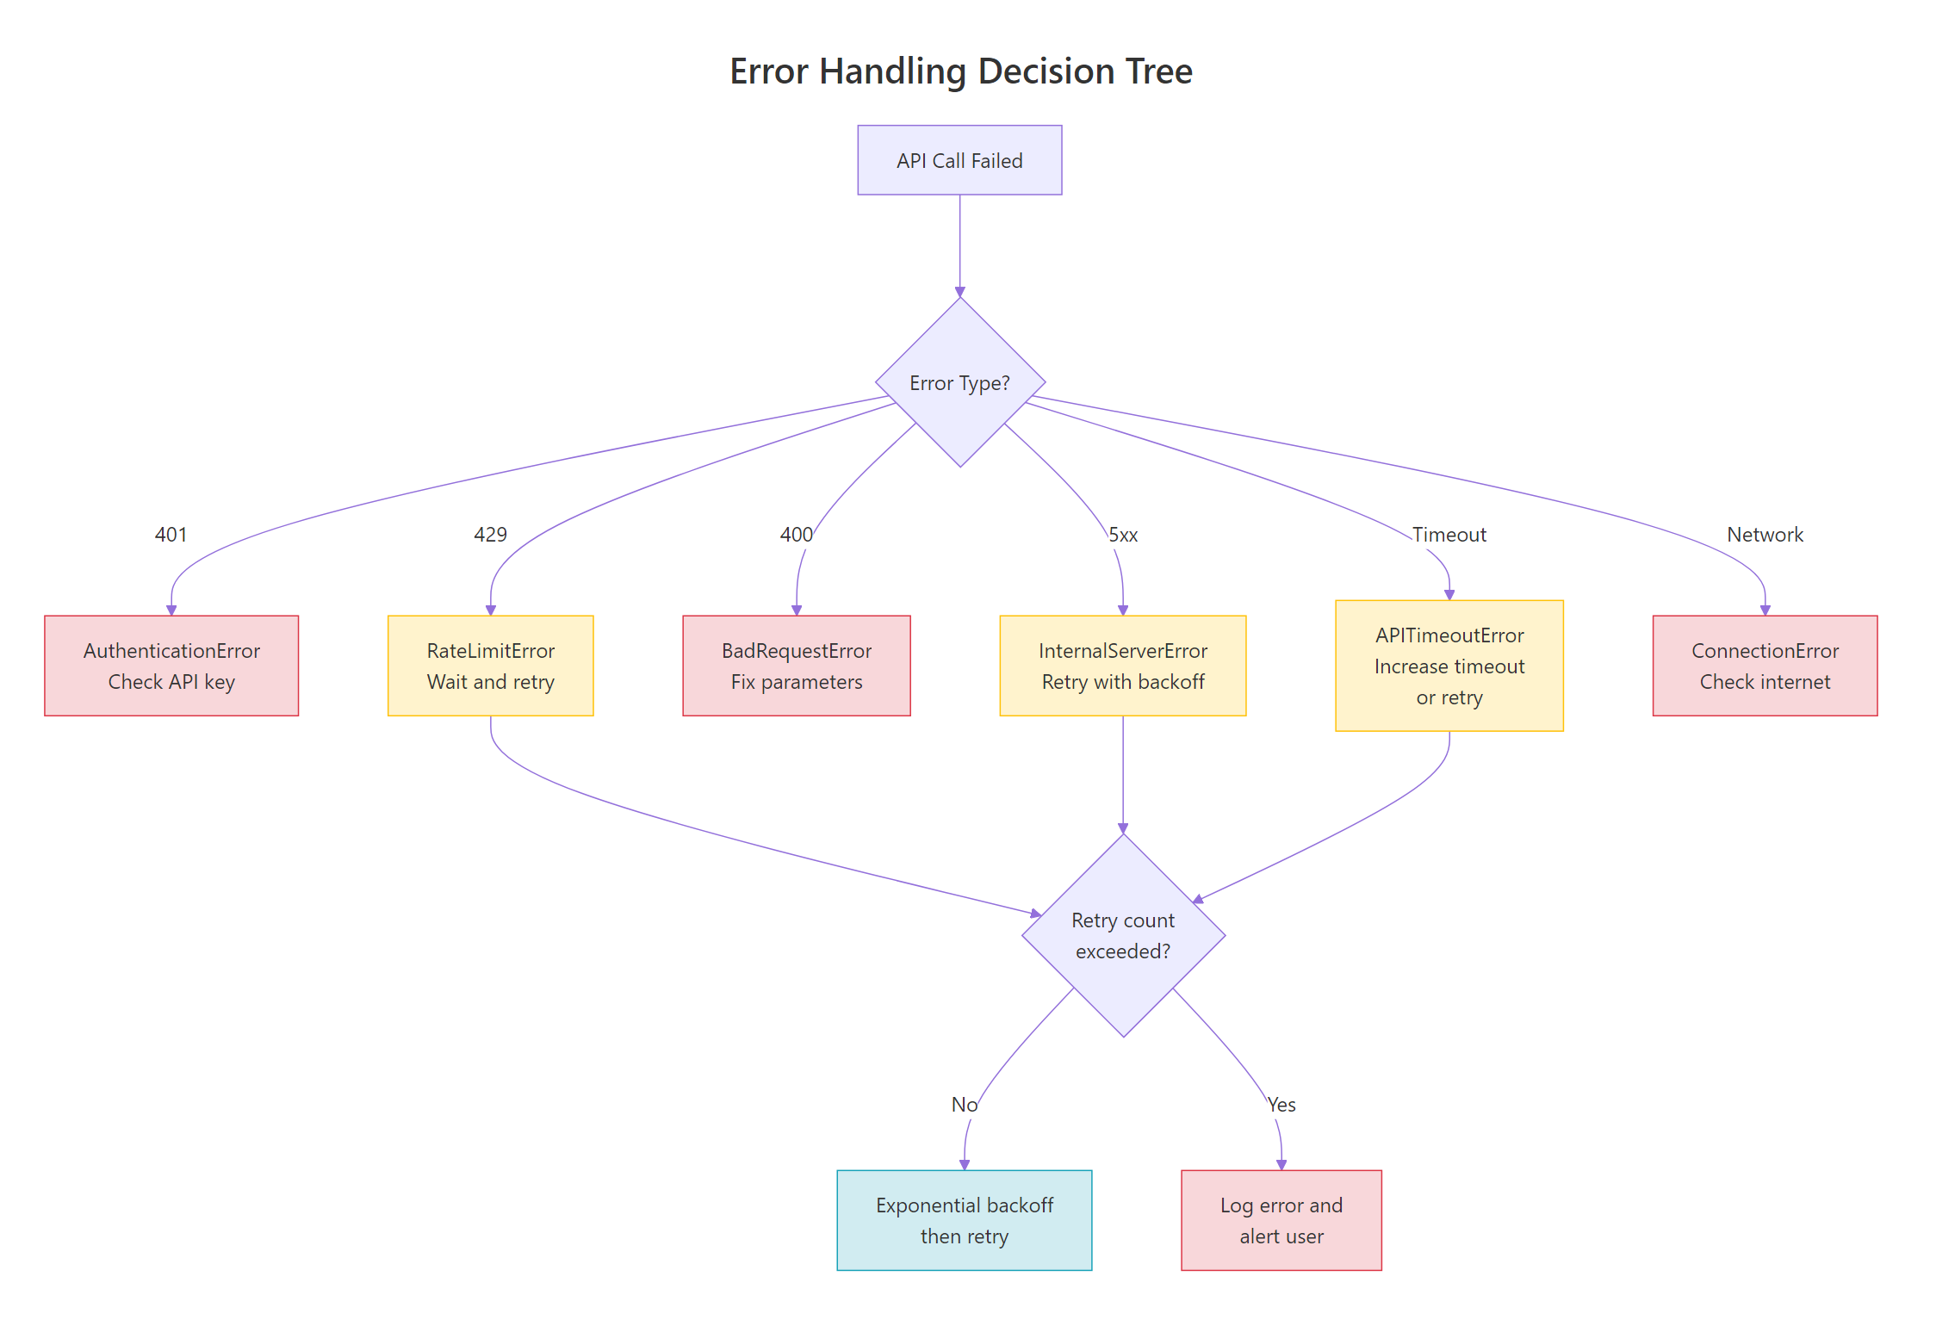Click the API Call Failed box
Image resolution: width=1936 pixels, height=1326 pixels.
click(x=959, y=160)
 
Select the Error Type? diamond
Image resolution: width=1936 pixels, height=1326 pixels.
click(x=959, y=382)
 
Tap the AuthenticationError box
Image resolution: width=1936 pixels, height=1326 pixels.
click(x=171, y=666)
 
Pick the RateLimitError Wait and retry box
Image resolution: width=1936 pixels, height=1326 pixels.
click(x=490, y=666)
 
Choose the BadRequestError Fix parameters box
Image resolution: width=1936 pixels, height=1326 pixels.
click(x=796, y=666)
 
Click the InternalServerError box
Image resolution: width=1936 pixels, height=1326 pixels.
click(x=1122, y=666)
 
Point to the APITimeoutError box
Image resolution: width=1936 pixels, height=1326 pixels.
click(x=1449, y=666)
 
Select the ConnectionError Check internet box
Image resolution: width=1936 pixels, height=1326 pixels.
click(x=1765, y=666)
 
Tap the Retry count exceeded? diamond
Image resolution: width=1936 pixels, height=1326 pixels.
click(x=1123, y=935)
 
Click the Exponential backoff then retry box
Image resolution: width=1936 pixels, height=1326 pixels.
click(x=964, y=1220)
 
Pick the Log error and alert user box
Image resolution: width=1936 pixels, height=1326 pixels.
click(x=1281, y=1220)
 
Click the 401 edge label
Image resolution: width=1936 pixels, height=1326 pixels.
click(x=171, y=535)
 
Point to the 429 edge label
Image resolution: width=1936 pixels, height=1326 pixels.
click(x=490, y=535)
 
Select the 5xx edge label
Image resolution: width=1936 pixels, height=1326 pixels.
click(x=1123, y=535)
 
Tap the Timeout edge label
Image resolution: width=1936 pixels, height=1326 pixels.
click(x=1449, y=535)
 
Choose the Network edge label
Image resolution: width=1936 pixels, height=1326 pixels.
click(x=1765, y=535)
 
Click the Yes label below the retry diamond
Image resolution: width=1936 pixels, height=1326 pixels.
click(x=1281, y=1105)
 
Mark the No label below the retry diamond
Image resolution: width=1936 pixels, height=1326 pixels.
click(x=964, y=1105)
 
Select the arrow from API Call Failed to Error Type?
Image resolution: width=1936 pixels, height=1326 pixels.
click(x=959, y=245)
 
